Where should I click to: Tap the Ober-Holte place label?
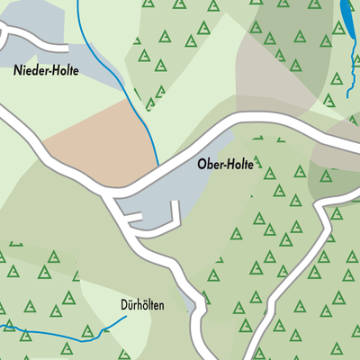[x=225, y=166]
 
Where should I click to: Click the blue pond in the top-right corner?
[x=347, y=15]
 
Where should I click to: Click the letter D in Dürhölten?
[x=124, y=304]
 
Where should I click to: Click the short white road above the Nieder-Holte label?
[x=36, y=40]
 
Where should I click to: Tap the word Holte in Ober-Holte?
[x=241, y=166]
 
